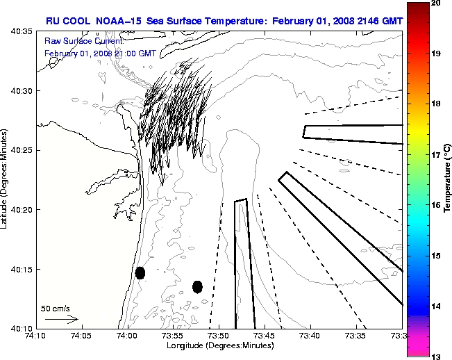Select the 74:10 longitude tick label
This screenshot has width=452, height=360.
36,336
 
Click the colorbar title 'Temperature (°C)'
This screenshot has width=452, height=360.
447,179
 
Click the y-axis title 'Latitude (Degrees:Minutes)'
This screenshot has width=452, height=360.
5,180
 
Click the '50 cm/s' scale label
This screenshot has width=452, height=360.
54,307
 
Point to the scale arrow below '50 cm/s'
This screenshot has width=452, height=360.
62,320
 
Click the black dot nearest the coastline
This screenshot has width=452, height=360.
140,272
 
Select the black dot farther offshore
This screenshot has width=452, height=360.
197,286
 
